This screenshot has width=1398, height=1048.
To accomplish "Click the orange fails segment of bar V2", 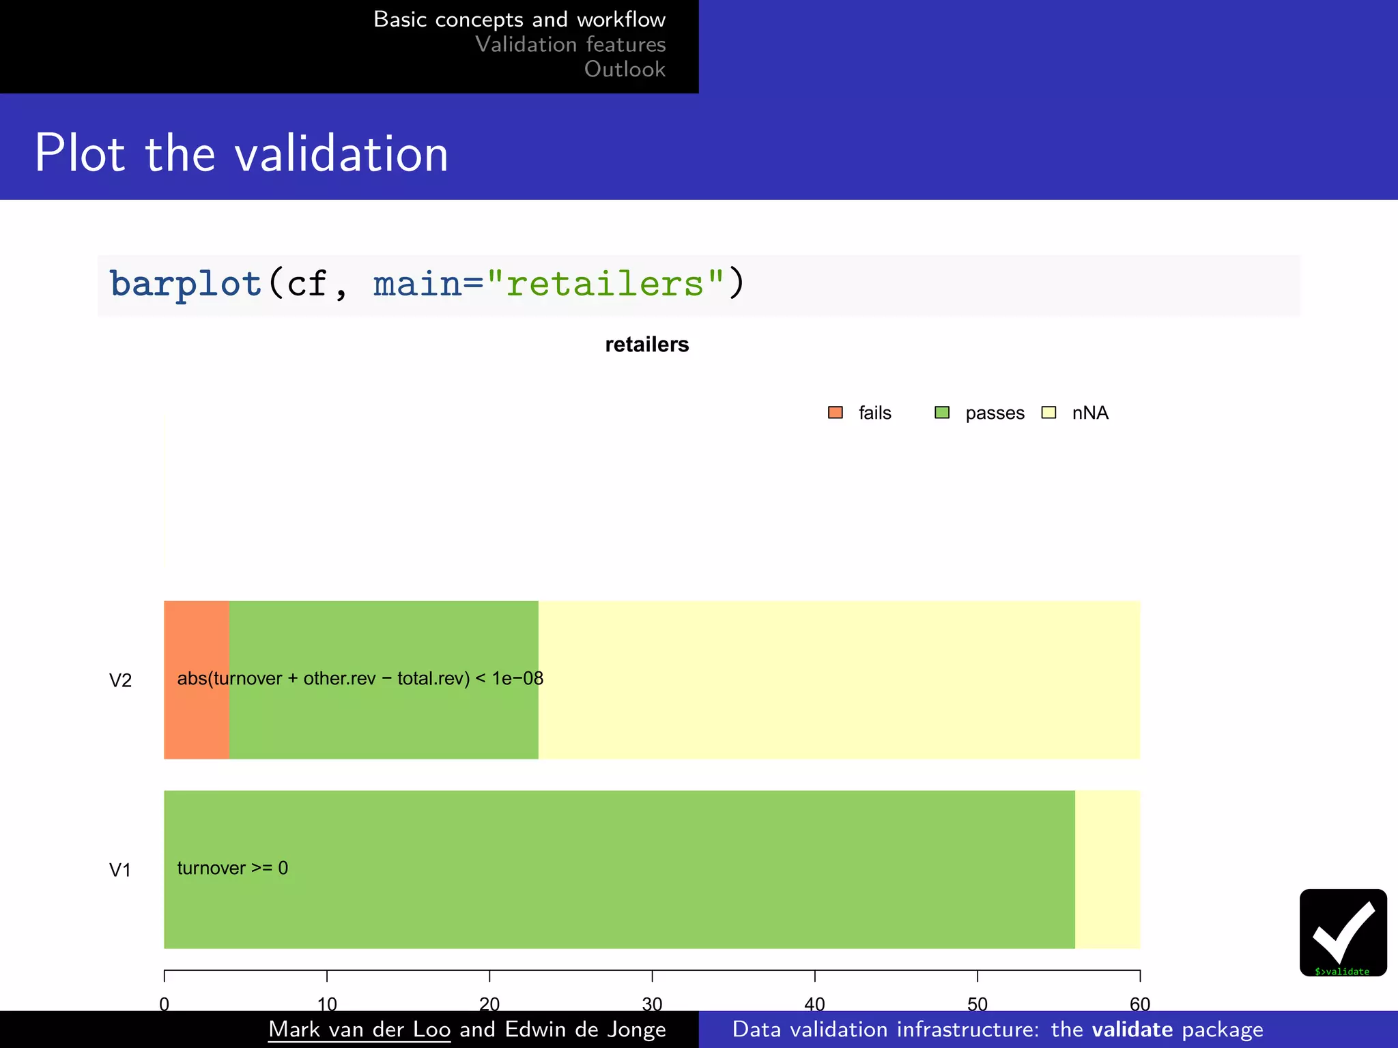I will pos(197,716).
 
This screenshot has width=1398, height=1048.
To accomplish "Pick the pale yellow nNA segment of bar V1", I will pos(1107,869).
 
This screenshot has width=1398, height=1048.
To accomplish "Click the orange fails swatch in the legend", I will pos(836,413).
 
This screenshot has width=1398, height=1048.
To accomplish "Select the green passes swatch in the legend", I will pos(942,413).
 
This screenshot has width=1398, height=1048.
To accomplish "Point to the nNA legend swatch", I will pos(1049,413).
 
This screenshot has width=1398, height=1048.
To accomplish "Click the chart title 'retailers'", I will pos(646,345).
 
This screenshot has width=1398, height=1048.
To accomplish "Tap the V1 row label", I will pos(120,870).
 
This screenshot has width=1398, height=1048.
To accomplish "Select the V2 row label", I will pos(120,680).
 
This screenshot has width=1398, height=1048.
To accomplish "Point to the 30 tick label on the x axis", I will pos(652,1004).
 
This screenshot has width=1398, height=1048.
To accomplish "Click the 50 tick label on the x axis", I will pos(977,1004).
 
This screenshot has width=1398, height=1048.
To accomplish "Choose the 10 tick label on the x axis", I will pos(327,1004).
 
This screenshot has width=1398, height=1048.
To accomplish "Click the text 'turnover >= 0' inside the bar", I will pos(232,868).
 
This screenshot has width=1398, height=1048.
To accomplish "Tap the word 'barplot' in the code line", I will pos(185,284).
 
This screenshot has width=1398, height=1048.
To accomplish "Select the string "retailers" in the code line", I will pos(605,284).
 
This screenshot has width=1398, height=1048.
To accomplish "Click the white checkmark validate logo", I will pos(1343,931).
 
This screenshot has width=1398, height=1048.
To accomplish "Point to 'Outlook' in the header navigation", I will pos(625,69).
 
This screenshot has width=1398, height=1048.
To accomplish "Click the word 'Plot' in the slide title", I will pos(79,154).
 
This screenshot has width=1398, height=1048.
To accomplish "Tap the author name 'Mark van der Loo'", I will pos(359,1029).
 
